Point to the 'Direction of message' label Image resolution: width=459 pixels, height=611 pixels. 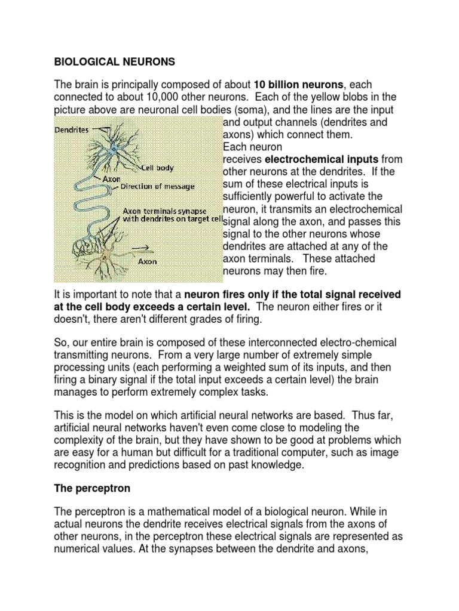157,187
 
